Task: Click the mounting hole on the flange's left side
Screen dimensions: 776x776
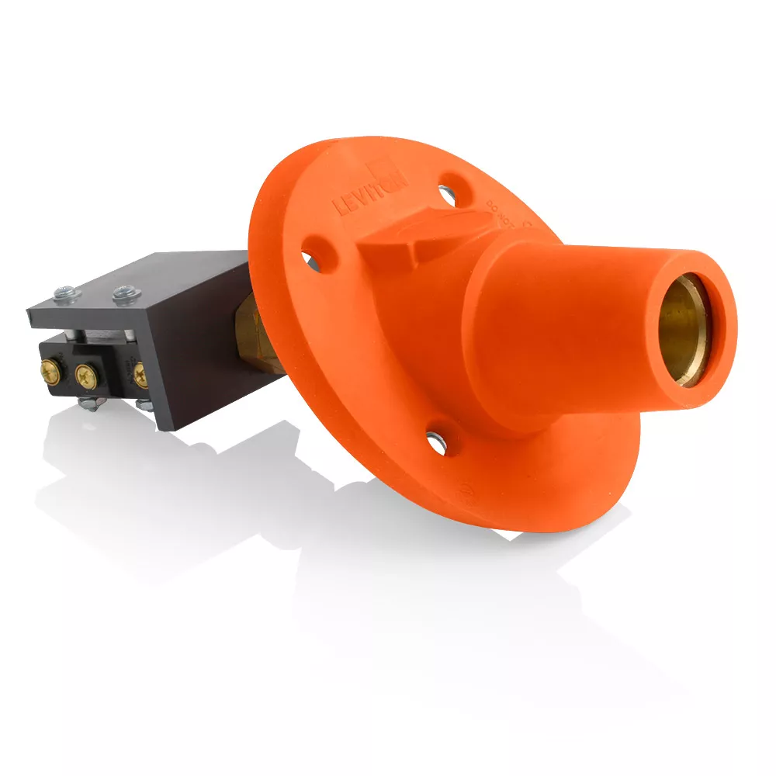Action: tap(310, 259)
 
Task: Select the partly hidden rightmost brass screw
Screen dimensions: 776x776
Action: tap(140, 376)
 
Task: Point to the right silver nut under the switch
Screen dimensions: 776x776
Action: tap(144, 404)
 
